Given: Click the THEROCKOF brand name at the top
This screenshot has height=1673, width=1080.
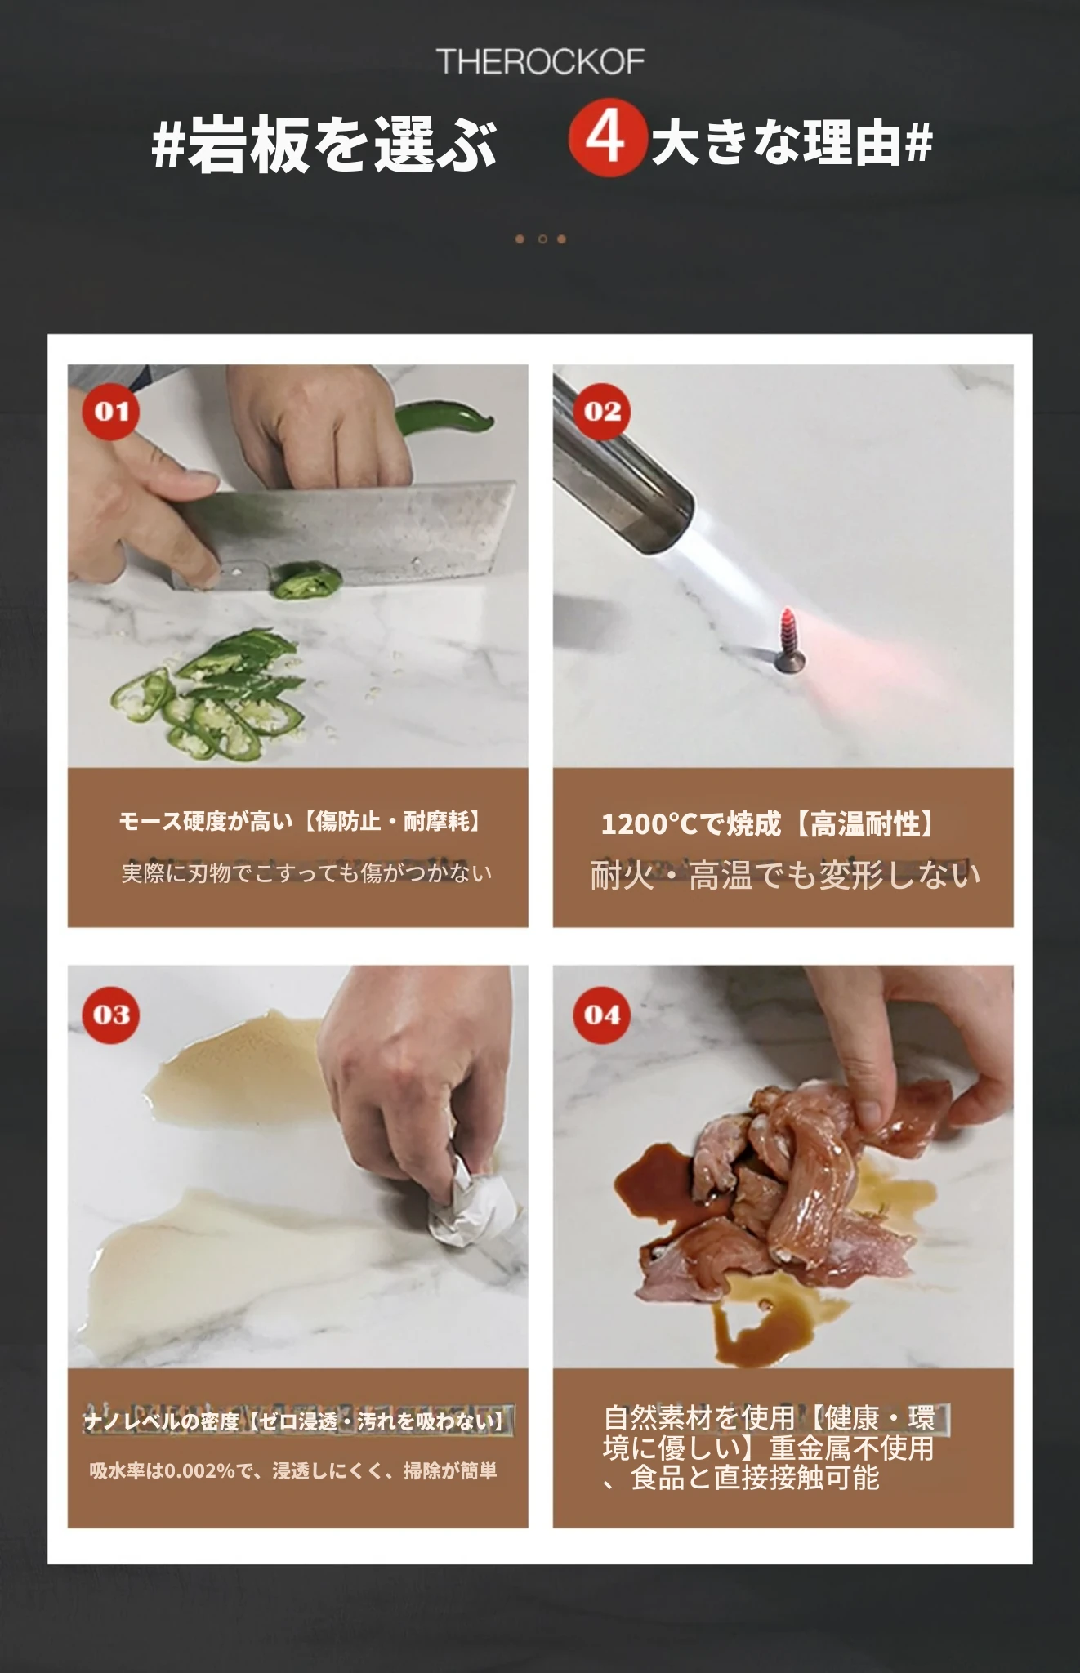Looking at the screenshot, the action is click(x=540, y=62).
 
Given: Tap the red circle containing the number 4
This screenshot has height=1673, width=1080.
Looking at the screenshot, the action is click(x=607, y=138).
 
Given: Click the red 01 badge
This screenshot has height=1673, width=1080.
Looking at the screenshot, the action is click(x=111, y=411).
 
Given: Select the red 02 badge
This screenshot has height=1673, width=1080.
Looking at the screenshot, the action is click(x=602, y=411).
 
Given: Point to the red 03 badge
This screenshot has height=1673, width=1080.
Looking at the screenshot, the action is click(x=111, y=1015).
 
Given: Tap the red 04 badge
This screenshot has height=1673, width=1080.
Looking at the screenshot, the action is click(x=602, y=1015).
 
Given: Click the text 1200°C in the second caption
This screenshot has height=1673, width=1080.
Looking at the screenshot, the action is click(x=649, y=824).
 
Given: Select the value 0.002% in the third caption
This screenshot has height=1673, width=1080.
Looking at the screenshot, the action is click(x=200, y=1471).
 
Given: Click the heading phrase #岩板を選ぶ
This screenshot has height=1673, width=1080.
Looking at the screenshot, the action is click(x=324, y=145).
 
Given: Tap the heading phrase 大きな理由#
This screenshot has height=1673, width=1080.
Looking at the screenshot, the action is click(x=792, y=144).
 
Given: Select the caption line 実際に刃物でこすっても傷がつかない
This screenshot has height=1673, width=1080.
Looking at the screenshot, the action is click(x=306, y=873).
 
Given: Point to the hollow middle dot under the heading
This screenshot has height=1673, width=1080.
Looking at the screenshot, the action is click(x=541, y=239).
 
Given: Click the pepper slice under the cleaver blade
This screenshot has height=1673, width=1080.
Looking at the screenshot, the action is click(x=306, y=580).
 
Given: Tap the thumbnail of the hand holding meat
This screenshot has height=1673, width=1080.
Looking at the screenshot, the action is click(x=783, y=1167).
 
